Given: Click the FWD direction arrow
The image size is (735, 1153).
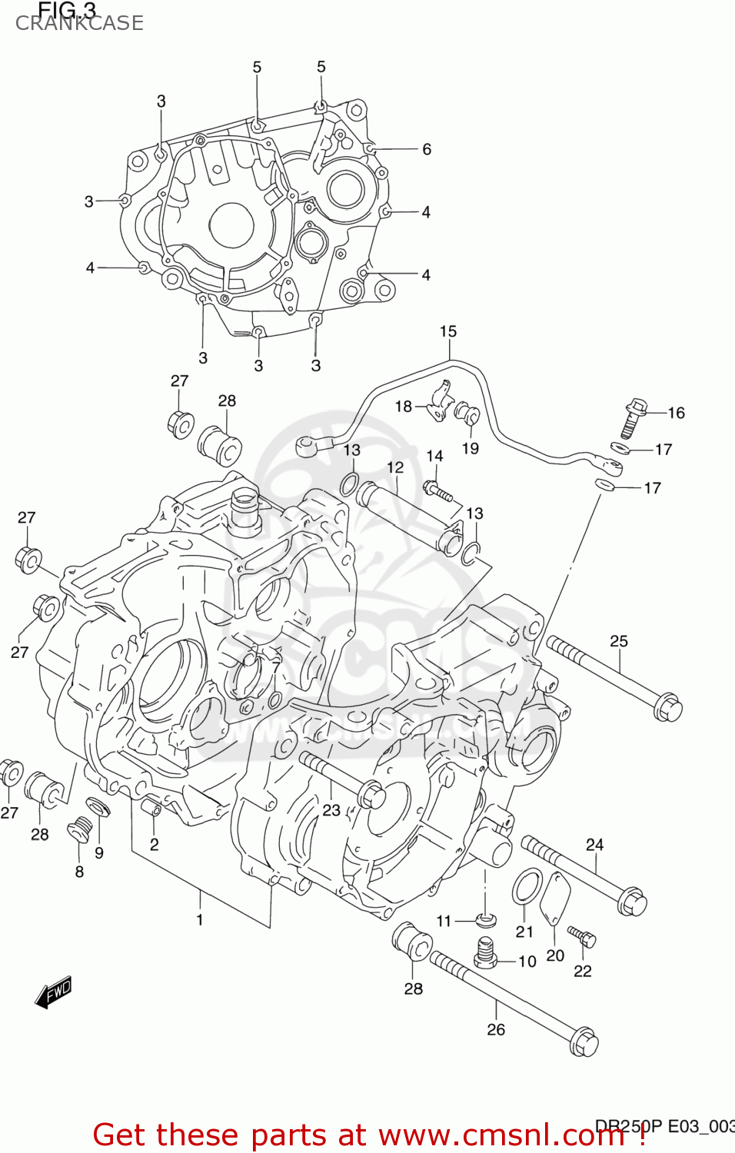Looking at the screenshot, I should coord(54,992).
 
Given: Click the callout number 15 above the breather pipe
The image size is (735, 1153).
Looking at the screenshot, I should coord(448,331).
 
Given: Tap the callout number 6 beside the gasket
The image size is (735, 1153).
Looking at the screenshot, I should coord(427,149).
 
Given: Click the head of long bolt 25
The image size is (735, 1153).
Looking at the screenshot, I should coord(667,706).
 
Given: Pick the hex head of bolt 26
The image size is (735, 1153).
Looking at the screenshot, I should coord(584,1042).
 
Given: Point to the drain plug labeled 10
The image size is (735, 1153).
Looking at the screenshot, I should coord(484,953).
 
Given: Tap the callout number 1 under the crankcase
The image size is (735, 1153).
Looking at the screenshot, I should coord(200,919).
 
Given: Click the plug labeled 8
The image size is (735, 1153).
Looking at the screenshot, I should coord(79,832).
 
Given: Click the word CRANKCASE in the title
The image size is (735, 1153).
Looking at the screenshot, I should coord(79,23).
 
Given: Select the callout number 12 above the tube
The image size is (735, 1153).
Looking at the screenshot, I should coord(395,467).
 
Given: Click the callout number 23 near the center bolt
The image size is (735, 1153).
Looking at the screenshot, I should coord(331,810).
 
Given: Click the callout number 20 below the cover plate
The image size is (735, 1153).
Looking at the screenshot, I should coord(555,955).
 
